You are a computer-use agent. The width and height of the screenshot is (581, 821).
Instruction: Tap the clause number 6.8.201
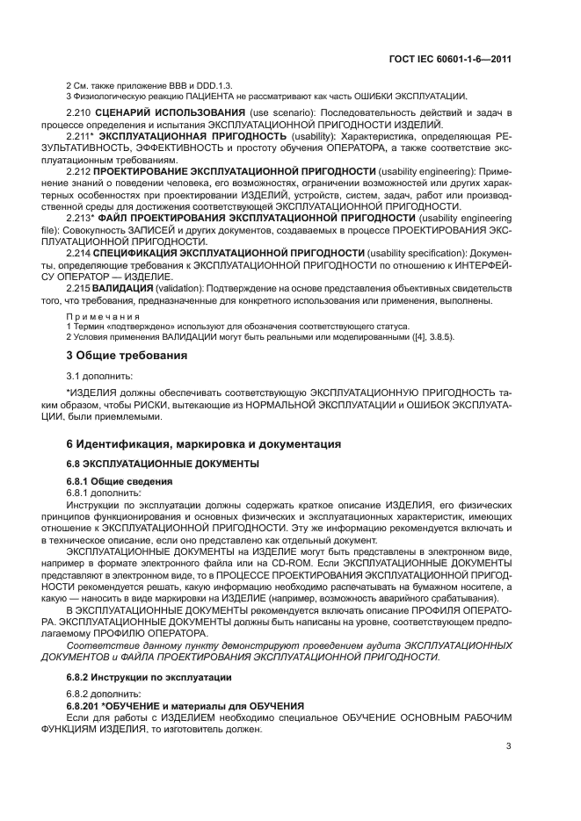85,706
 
